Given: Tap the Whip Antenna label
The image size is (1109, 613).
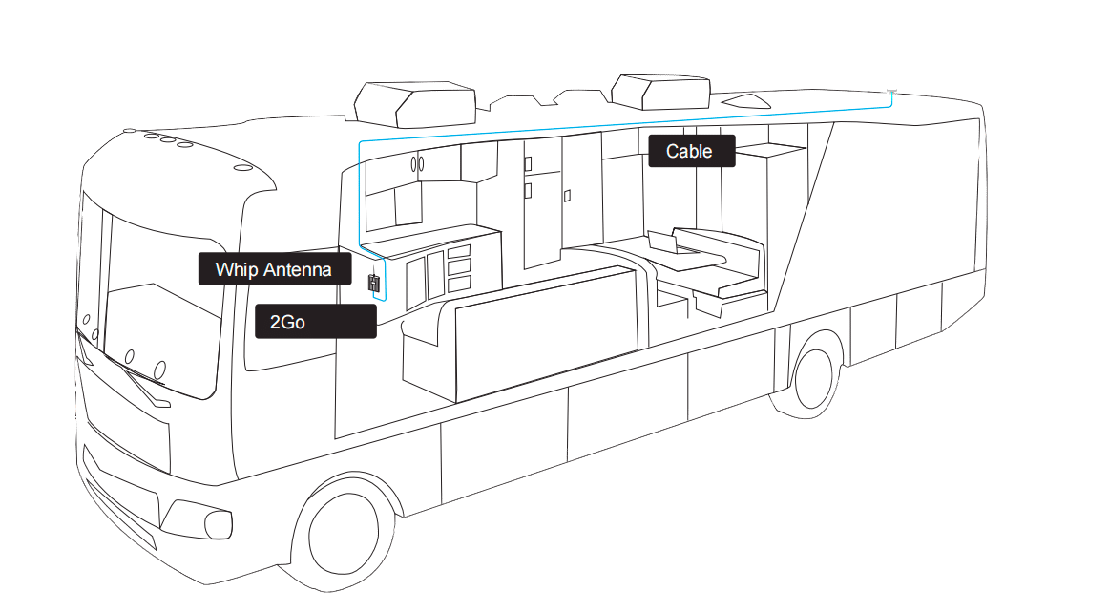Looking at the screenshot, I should point(274,269).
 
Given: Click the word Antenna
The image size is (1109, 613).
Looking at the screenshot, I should point(299,269).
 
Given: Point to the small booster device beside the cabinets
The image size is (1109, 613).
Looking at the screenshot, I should point(374,284).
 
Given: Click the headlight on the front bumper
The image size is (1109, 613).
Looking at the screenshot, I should point(212,523).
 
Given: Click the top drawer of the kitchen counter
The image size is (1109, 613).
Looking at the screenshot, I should point(459,251).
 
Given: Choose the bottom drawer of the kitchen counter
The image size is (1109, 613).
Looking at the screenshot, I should point(459,284).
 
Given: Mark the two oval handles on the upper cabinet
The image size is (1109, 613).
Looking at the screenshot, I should point(418,164).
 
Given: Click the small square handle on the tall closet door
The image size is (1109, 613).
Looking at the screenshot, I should point(568,196).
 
